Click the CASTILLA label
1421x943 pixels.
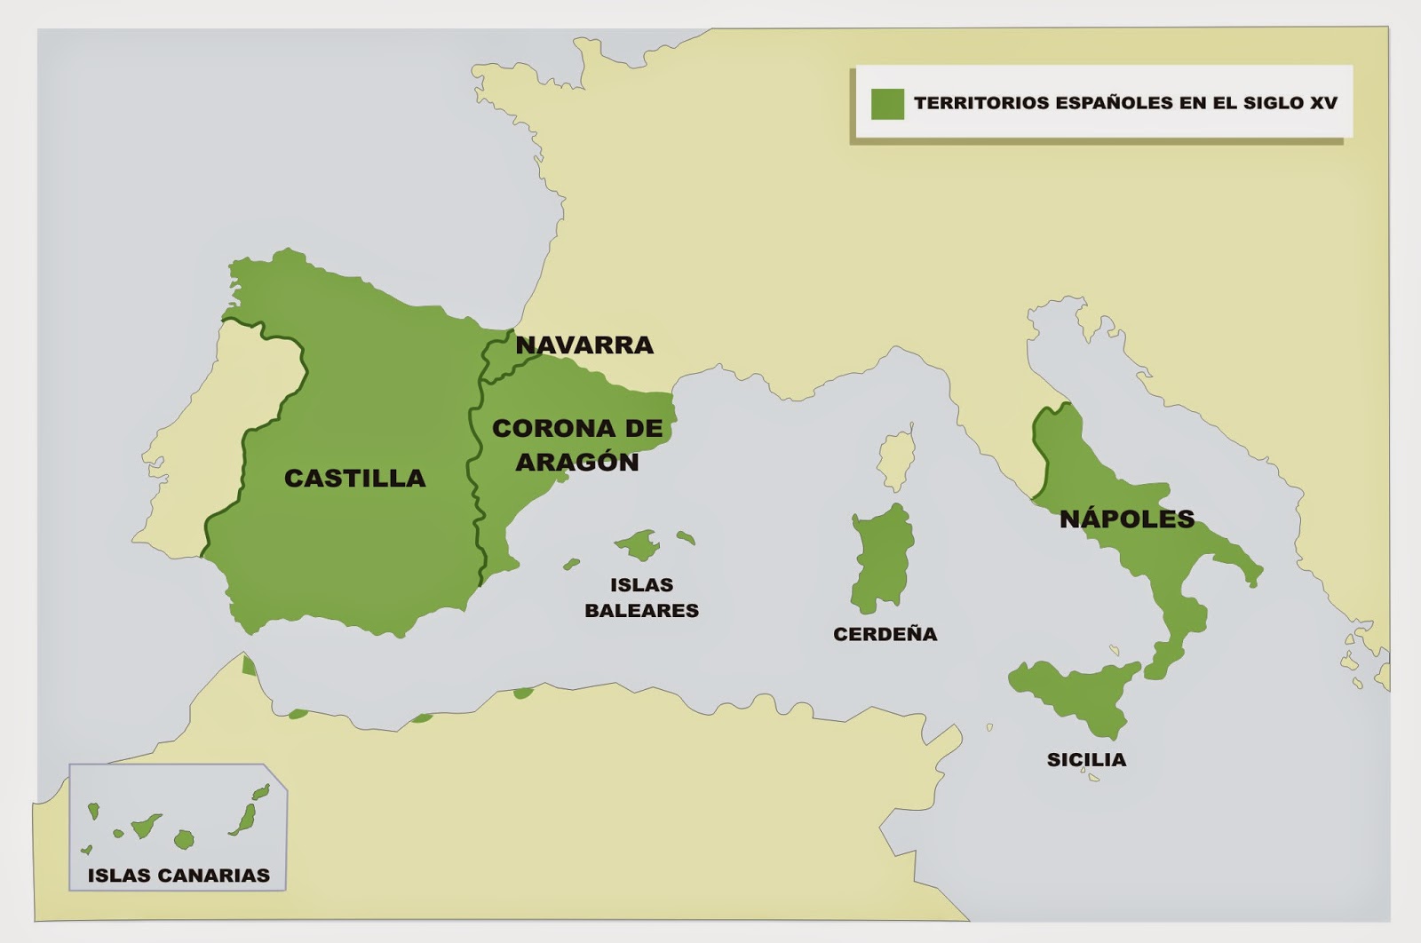(x=354, y=478)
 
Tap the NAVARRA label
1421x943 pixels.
(x=584, y=345)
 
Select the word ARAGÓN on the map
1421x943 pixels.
(x=577, y=462)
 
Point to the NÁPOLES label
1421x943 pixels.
(x=1126, y=519)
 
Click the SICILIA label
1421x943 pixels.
(x=1086, y=759)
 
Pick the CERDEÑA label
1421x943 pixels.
(x=885, y=634)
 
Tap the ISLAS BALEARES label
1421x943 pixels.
(x=641, y=598)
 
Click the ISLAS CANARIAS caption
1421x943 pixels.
(x=179, y=876)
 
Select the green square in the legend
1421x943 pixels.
(x=886, y=103)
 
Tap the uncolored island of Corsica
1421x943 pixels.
(x=897, y=462)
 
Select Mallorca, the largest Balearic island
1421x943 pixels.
(x=637, y=544)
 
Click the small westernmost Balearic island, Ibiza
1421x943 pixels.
(x=571, y=564)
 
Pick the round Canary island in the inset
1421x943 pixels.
(x=184, y=839)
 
